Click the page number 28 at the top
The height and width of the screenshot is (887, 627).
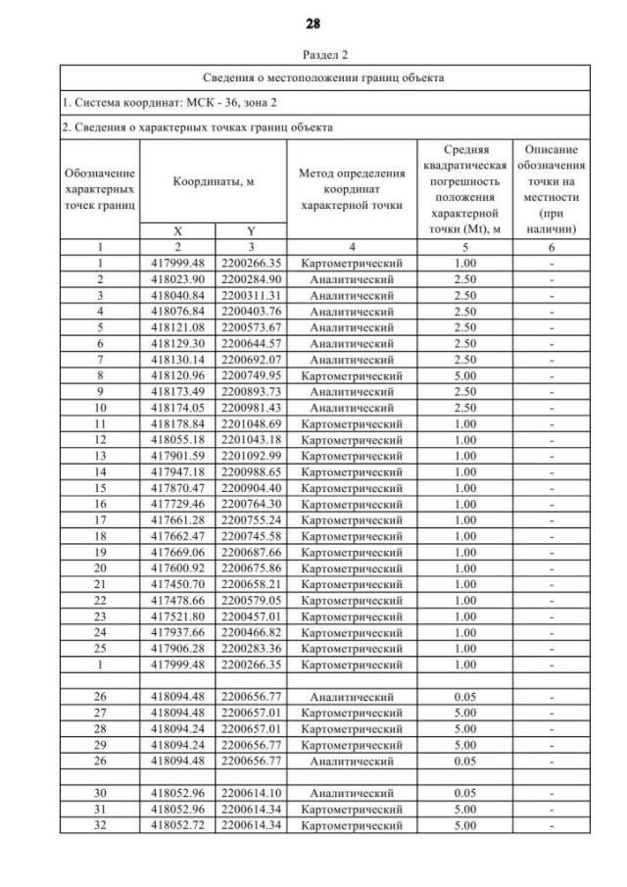pyautogui.click(x=313, y=23)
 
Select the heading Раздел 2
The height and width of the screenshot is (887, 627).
pyautogui.click(x=313, y=55)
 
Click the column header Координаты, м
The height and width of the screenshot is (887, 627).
pyautogui.click(x=214, y=181)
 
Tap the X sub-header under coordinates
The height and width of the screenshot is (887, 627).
pyautogui.click(x=177, y=231)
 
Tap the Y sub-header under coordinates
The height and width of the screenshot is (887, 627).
pyautogui.click(x=251, y=231)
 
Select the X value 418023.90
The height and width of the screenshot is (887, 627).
pyautogui.click(x=177, y=279)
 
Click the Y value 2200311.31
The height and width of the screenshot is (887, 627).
pyautogui.click(x=251, y=295)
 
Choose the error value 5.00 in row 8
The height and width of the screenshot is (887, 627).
pyautogui.click(x=465, y=375)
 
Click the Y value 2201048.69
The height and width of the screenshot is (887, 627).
pyautogui.click(x=251, y=423)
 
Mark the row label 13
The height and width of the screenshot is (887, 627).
pyautogui.click(x=100, y=456)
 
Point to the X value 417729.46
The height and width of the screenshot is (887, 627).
pyautogui.click(x=177, y=504)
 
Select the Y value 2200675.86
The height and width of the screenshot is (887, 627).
pyautogui.click(x=251, y=567)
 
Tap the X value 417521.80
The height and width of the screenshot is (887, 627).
pyautogui.click(x=177, y=616)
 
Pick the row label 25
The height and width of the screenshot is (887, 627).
pyautogui.click(x=100, y=648)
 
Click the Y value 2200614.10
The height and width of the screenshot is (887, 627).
pyautogui.click(x=251, y=793)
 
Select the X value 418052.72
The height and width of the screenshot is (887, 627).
pyautogui.click(x=177, y=825)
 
